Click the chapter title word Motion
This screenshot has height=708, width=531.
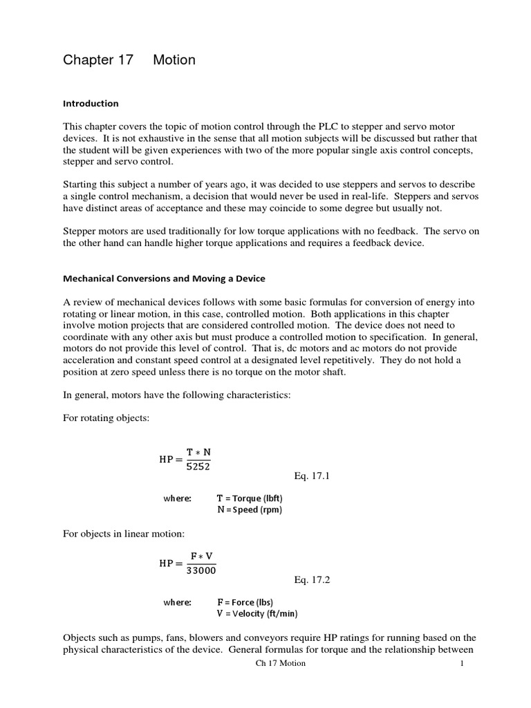(x=174, y=60)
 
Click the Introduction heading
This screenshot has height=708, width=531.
(x=91, y=104)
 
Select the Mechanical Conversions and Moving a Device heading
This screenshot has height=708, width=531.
(x=164, y=279)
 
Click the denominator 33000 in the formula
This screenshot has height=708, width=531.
(x=201, y=570)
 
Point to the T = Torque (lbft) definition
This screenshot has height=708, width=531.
(x=250, y=498)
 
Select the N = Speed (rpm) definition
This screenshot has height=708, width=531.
(x=250, y=510)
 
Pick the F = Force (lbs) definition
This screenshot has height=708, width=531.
(x=245, y=602)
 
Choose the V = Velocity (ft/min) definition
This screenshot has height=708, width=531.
(x=257, y=614)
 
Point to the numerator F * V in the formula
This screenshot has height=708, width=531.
(x=201, y=555)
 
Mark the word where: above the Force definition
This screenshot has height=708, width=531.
(x=177, y=602)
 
